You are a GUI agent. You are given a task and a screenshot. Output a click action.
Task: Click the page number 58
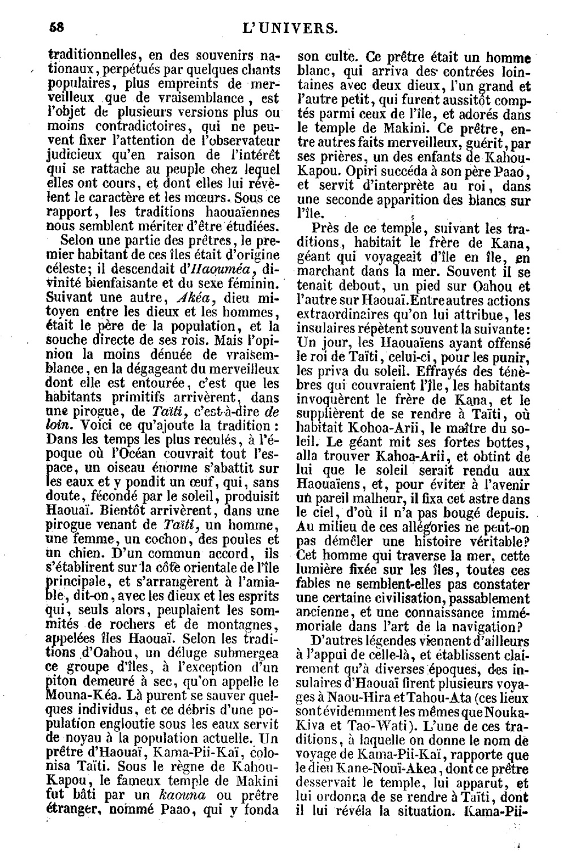55,27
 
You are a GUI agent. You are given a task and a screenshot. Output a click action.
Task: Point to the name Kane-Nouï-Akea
387,768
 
